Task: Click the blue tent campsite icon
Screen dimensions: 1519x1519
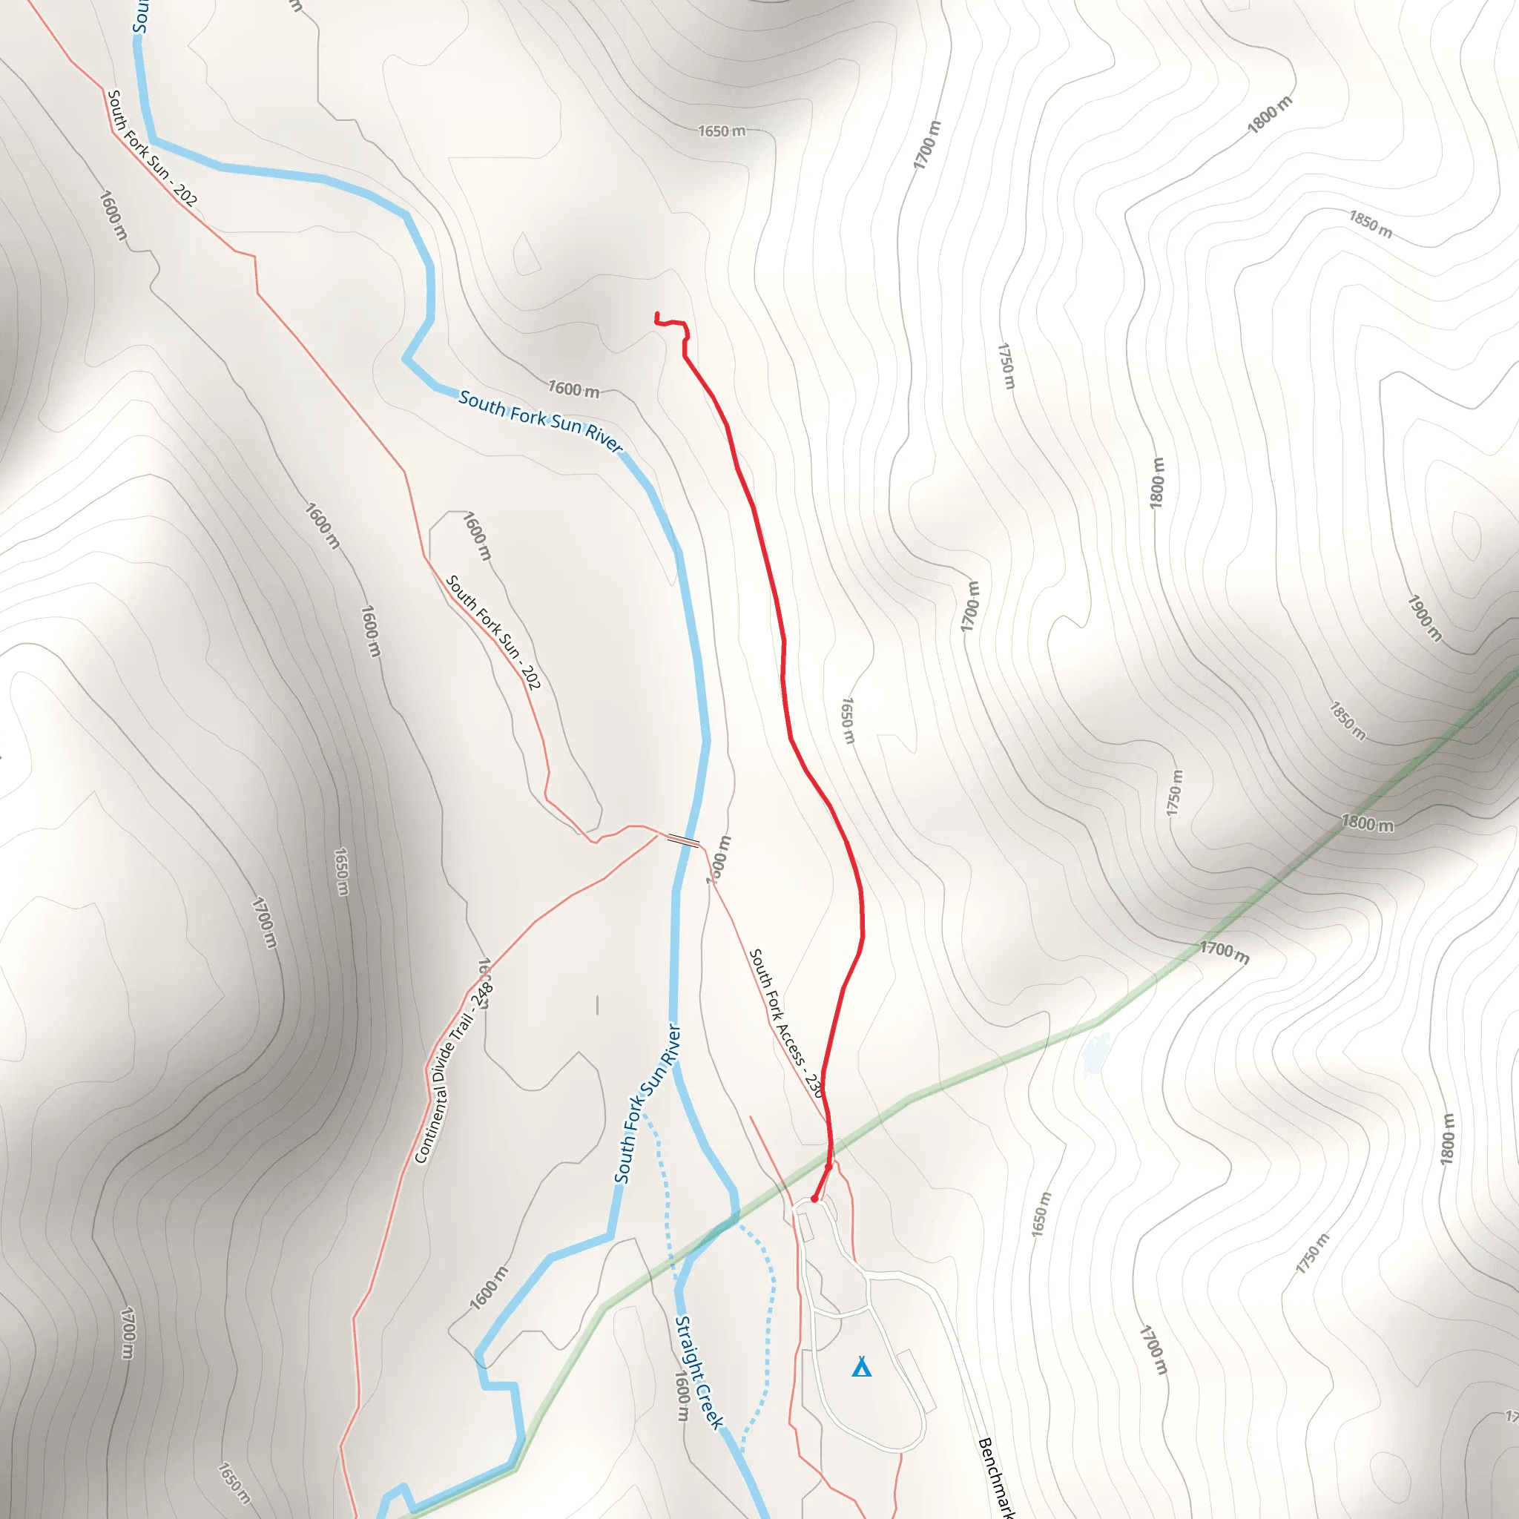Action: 862,1367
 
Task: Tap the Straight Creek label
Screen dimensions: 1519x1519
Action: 699,1372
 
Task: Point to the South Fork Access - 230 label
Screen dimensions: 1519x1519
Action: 785,1022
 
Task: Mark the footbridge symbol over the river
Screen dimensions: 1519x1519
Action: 682,840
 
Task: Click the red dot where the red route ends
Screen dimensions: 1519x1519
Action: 814,1199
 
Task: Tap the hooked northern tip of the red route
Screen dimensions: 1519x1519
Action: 657,316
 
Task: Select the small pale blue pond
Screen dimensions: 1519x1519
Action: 1095,1053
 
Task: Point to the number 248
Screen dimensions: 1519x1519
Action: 482,995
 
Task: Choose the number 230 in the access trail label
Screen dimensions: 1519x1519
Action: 813,1085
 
